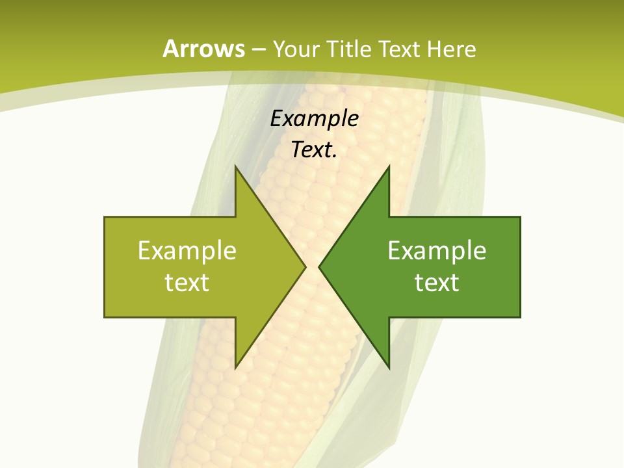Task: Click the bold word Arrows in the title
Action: pyautogui.click(x=203, y=49)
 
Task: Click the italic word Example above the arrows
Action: pyautogui.click(x=314, y=119)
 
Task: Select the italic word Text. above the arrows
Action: pyautogui.click(x=314, y=150)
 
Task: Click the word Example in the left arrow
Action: pyautogui.click(x=187, y=251)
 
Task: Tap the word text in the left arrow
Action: pyautogui.click(x=187, y=283)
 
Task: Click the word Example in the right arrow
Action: pyautogui.click(x=437, y=251)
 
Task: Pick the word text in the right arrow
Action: pyautogui.click(x=437, y=283)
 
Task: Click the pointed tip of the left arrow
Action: pyautogui.click(x=304, y=266)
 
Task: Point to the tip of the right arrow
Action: pyautogui.click(x=321, y=266)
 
